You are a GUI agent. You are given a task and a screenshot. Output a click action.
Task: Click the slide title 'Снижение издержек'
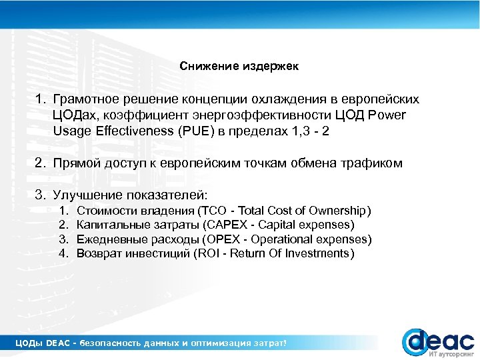(239, 67)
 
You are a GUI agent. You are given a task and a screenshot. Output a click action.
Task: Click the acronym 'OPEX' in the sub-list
(223, 239)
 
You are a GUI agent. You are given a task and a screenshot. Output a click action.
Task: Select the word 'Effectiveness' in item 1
(138, 131)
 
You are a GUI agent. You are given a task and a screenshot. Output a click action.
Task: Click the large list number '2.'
(41, 163)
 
